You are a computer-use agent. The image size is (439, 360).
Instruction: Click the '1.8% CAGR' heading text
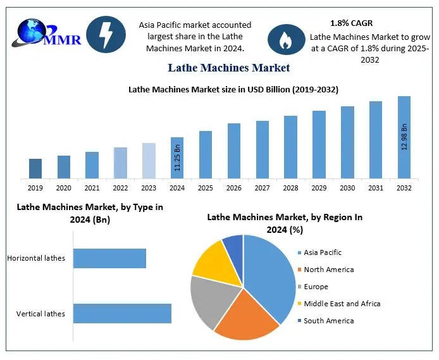351,23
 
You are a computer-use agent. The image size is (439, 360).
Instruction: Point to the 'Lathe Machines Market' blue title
229,68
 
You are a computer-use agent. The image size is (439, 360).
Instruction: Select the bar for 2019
35,168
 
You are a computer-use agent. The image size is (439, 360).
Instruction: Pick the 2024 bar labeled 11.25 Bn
177,158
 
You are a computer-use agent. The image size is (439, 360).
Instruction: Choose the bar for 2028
290,147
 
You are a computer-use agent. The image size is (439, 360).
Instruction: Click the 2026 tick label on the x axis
233,188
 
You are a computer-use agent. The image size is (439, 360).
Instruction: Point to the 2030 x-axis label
347,188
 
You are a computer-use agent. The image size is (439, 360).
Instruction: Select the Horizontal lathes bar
109,258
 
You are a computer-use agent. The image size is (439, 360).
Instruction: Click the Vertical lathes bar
122,313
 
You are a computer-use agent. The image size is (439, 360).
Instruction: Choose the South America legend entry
328,321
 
